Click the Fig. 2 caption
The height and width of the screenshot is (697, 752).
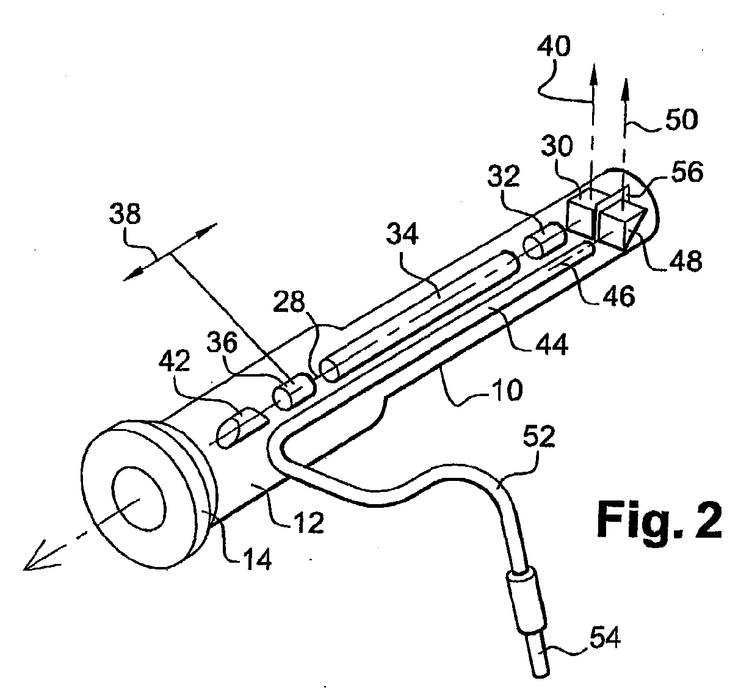[x=659, y=519]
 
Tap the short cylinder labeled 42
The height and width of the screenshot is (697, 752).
[x=242, y=427]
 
